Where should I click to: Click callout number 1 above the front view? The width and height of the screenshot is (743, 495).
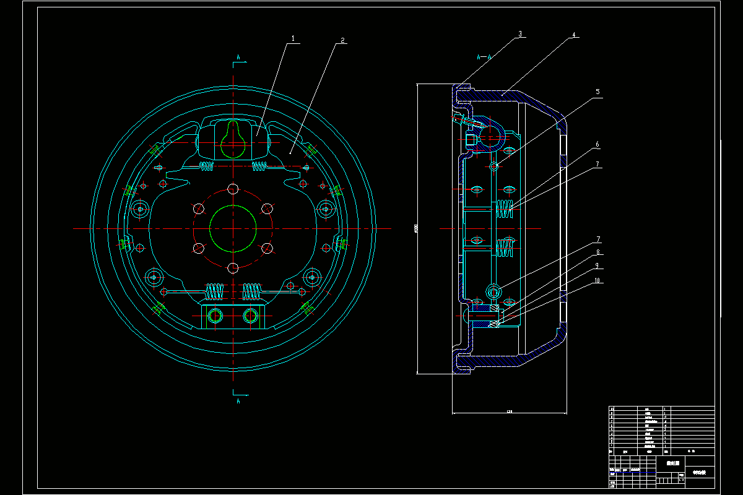295,38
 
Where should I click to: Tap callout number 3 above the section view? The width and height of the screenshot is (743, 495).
521,35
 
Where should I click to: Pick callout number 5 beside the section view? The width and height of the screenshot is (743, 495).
597,92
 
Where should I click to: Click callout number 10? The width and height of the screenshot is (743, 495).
597,280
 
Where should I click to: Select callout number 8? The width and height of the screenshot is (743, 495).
597,252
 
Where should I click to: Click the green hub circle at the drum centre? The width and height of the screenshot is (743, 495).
233,229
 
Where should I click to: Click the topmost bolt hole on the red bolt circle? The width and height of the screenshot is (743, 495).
233,189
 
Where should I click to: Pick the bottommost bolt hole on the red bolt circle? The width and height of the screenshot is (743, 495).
233,268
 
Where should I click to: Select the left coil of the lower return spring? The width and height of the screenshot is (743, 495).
214,290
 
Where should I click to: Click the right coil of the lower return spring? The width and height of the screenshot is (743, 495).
251,290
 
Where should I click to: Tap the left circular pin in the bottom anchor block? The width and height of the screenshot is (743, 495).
216,316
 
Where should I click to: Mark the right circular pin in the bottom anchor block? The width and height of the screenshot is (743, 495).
250,316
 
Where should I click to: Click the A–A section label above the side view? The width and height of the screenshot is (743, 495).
484,56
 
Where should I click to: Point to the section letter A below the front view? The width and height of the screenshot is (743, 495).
238,401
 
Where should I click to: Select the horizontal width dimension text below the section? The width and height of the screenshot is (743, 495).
510,411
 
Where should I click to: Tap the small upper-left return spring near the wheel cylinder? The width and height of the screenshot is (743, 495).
206,165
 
